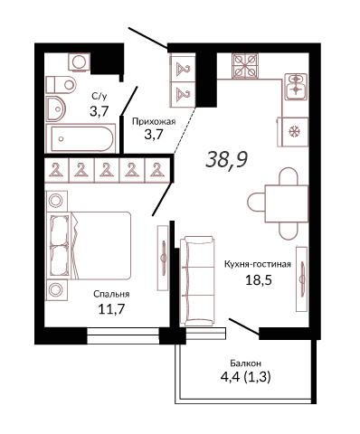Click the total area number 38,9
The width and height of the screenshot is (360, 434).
pos(226,160)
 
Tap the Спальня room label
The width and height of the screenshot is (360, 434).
pos(111,294)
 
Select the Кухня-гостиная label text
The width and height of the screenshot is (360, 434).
pos(258,264)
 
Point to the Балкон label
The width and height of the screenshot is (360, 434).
pos(245,363)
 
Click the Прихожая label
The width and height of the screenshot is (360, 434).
pos(154,122)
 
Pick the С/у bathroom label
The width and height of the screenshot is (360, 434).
pos(99,97)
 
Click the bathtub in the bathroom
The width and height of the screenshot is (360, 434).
pos(81,138)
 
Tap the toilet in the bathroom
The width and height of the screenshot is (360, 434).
pos(61,84)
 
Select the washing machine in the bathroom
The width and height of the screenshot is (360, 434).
pos(79,62)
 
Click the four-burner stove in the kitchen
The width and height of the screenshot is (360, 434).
pos(245,65)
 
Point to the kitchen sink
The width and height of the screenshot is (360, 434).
pos(296,87)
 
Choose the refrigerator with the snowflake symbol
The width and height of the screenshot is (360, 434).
pos(292,132)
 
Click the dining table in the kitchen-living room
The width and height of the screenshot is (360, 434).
pos(287,203)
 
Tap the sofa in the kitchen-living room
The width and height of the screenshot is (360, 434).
pos(197,281)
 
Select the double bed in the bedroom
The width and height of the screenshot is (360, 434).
pos(89,245)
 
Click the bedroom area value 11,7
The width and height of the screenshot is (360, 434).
pos(111,309)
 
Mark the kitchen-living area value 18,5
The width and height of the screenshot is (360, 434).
pos(259,280)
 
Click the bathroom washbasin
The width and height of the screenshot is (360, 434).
pos(56,108)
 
